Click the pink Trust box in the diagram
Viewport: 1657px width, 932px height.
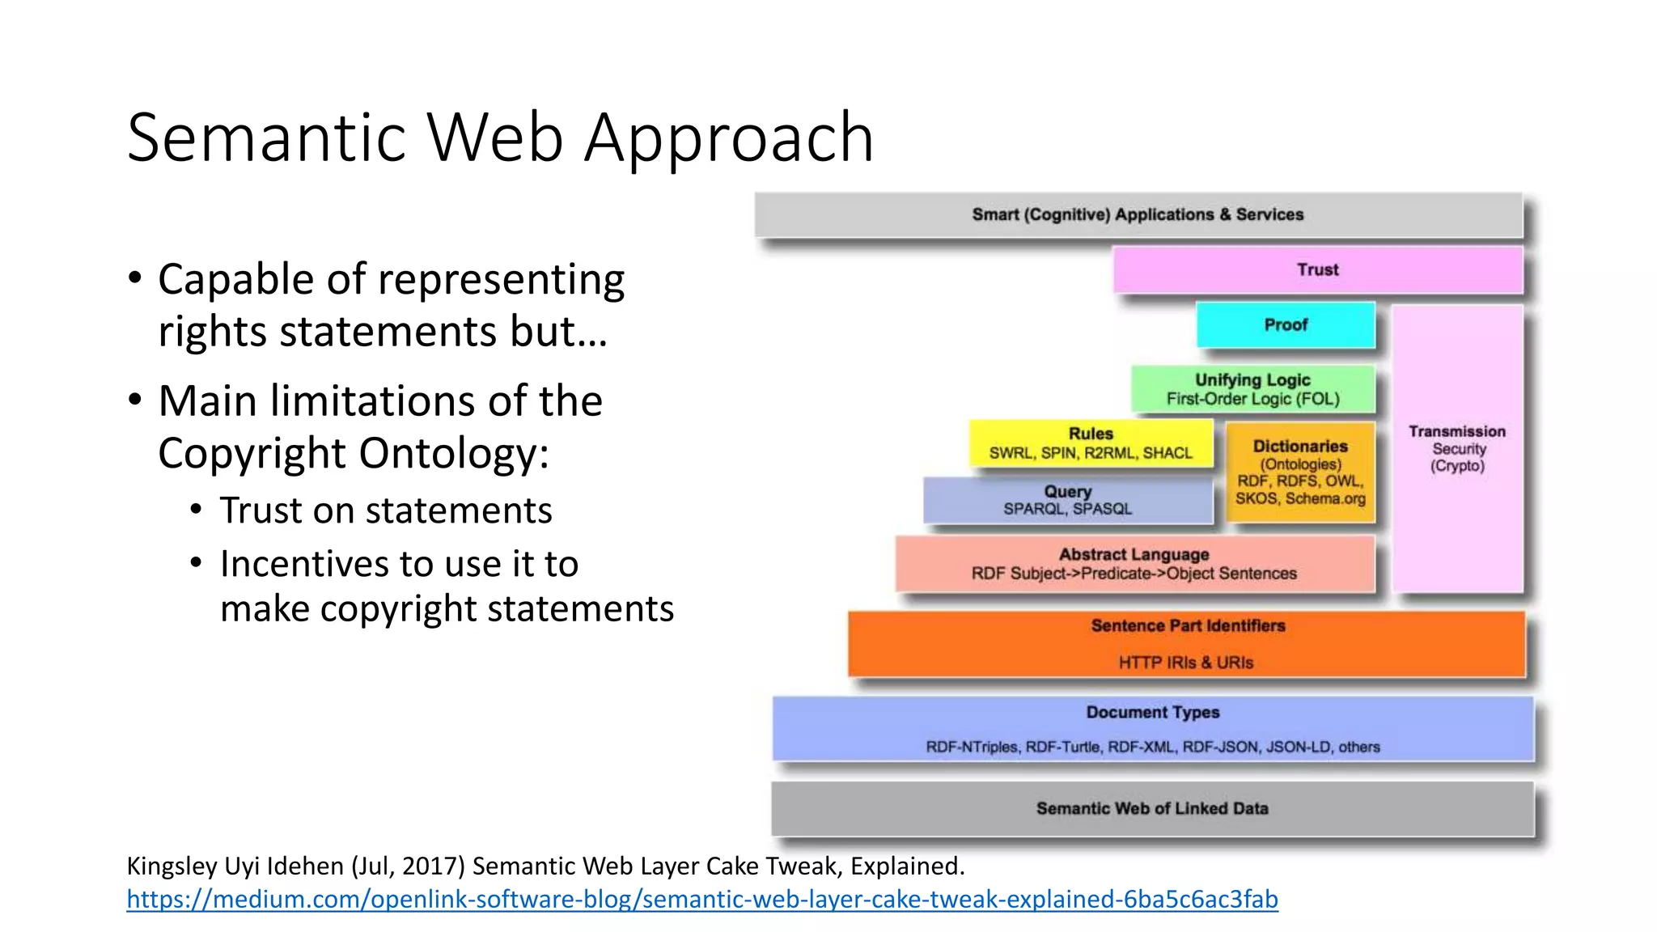pyautogui.click(x=1317, y=270)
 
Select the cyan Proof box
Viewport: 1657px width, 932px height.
pyautogui.click(x=1286, y=325)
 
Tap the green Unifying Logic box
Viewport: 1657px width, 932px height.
pyautogui.click(x=1252, y=389)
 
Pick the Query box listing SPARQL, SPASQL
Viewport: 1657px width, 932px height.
pyautogui.click(x=1067, y=500)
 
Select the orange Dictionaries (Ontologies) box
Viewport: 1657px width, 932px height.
pyautogui.click(x=1300, y=472)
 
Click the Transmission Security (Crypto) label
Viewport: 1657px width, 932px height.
pyautogui.click(x=1457, y=448)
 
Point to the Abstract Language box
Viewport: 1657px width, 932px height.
pyautogui.click(x=1134, y=564)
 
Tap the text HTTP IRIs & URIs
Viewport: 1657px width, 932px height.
pyautogui.click(x=1186, y=663)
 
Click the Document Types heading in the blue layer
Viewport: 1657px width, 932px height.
pyautogui.click(x=1152, y=713)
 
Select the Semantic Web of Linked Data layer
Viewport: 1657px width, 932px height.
pyautogui.click(x=1152, y=808)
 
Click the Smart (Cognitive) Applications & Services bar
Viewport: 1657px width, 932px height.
pyautogui.click(x=1138, y=215)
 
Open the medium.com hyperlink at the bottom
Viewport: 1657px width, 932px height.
pyautogui.click(x=701, y=899)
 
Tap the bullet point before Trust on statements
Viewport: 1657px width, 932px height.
pyautogui.click(x=196, y=510)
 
